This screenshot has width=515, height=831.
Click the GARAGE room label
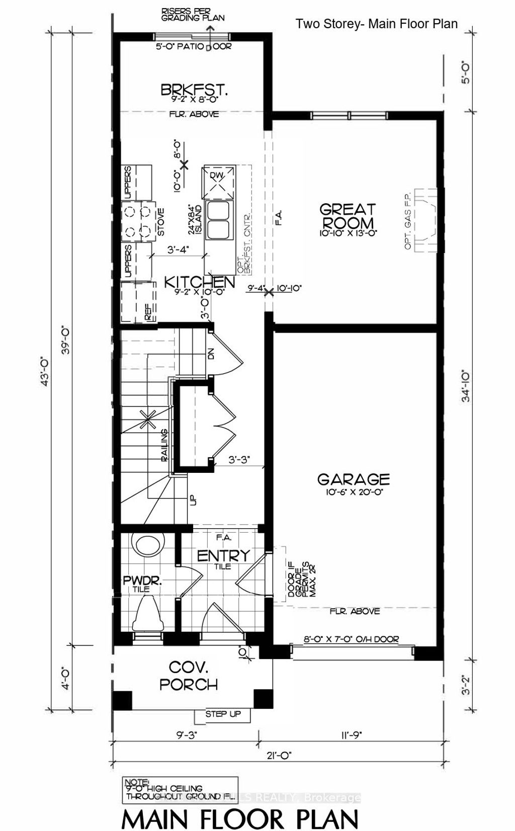click(x=354, y=479)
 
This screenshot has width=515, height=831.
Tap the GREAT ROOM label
click(x=348, y=216)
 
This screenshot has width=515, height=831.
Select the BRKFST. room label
click(x=195, y=91)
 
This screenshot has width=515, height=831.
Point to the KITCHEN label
click(x=200, y=282)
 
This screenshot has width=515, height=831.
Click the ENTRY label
click(x=223, y=556)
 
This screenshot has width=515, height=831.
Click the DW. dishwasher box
click(x=218, y=182)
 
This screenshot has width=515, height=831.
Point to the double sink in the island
click(x=218, y=221)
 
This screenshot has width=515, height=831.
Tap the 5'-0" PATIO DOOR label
click(x=193, y=47)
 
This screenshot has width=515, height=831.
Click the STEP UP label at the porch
click(x=223, y=714)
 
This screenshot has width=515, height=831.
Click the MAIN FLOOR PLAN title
click(x=240, y=818)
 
